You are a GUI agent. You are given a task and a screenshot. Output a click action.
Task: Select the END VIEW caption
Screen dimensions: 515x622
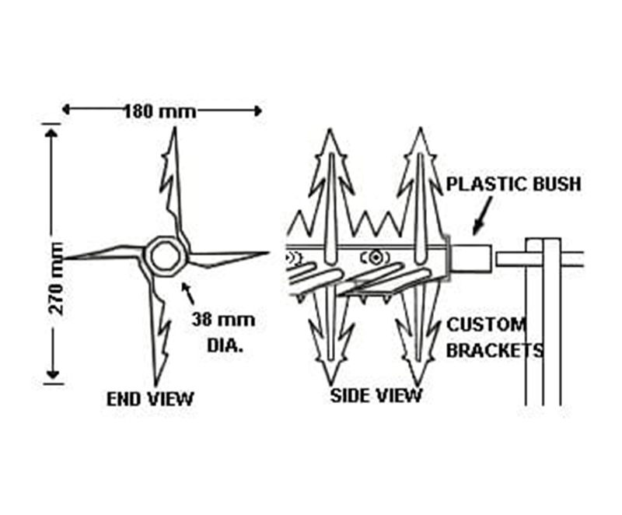coord(150,399)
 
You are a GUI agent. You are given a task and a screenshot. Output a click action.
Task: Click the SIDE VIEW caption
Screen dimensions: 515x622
coord(376,395)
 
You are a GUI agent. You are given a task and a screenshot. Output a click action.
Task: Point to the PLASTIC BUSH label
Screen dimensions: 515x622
coord(513,184)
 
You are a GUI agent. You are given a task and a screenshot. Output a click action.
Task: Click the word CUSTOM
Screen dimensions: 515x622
coord(486,324)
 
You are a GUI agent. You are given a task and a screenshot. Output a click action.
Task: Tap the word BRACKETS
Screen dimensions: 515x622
coord(495,350)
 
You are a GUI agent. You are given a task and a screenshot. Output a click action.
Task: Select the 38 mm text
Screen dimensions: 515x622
coord(222,319)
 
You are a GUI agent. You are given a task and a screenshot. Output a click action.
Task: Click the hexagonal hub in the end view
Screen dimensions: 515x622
coord(165,255)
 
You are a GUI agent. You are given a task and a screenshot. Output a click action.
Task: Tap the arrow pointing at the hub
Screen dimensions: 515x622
coord(187,293)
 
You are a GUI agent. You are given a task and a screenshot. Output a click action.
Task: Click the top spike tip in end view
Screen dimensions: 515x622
coord(173,129)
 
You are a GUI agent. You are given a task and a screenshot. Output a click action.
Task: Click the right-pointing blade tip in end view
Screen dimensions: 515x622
coord(267,252)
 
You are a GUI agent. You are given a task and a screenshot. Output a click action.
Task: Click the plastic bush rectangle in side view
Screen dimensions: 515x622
coord(470,257)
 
